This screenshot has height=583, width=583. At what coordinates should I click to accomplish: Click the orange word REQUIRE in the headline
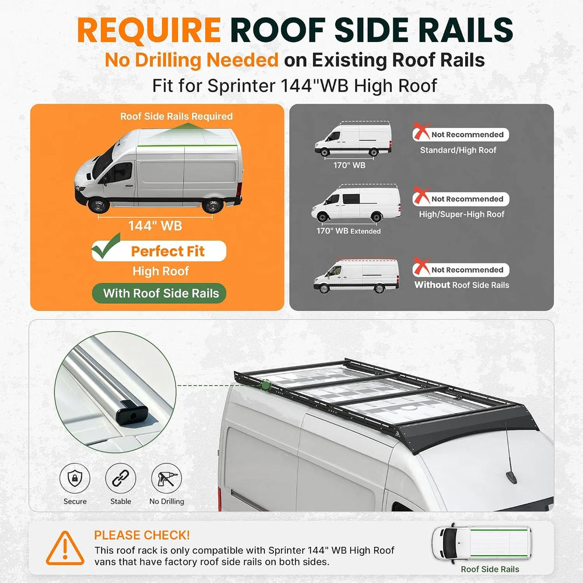coord(149,30)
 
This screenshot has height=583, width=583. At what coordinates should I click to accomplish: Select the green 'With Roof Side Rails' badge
coord(159,293)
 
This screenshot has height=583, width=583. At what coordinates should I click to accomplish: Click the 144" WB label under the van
coord(155,226)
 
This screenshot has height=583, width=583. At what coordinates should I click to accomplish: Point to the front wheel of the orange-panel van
coord(99,205)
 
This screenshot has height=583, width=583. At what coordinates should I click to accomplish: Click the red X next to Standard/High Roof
coord(422,131)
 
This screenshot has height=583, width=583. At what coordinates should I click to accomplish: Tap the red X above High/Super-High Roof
coord(422,195)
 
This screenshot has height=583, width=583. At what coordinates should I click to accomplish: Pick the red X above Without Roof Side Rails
coord(422,266)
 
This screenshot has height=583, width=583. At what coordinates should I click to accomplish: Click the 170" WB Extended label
coord(349,231)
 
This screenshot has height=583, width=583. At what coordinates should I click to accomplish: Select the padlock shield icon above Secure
coord(75,478)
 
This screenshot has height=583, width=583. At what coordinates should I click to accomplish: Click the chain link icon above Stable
coord(121,478)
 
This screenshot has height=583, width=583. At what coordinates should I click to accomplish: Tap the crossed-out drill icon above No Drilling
coord(167,478)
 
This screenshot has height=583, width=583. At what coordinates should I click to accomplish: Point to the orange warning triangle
coord(65,549)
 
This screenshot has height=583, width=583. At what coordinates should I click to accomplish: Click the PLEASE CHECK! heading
coord(142,535)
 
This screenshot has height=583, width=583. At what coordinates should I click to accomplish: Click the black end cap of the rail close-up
coord(132,413)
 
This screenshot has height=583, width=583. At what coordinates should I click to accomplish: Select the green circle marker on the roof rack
coord(265,385)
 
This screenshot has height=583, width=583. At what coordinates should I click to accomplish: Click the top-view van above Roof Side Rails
coord(482,543)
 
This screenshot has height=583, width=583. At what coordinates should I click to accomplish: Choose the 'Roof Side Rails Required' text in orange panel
coord(176,117)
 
